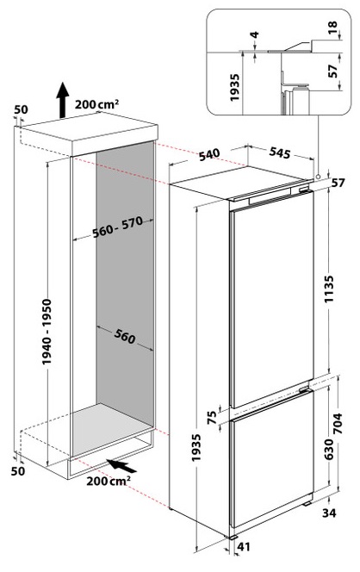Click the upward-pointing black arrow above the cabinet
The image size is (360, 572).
63,100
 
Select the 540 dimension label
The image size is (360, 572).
210,155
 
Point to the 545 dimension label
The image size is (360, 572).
280,152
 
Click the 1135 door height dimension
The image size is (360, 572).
329,289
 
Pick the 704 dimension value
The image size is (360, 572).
338,423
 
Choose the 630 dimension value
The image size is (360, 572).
328,450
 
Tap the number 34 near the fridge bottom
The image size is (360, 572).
329,513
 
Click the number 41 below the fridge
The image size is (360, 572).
244,546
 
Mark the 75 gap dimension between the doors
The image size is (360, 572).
212,416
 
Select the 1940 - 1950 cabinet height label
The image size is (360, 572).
47,332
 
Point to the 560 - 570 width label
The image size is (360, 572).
117,227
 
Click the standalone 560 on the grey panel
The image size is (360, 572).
125,336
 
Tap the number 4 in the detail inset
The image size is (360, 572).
255,34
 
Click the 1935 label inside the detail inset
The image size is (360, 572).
234,88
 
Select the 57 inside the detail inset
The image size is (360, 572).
332,71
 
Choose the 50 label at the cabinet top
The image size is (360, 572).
21,109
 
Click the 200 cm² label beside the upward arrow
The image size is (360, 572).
97,104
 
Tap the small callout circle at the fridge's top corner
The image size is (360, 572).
319,177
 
